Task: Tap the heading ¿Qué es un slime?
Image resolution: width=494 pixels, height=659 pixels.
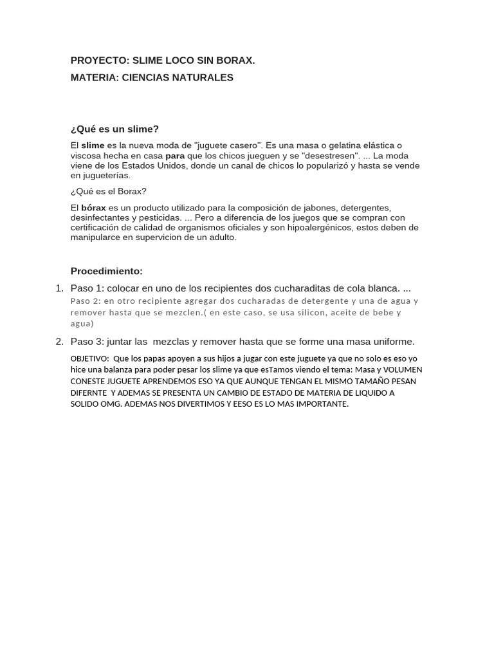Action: point(114,129)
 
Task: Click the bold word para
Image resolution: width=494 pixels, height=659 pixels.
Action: point(175,156)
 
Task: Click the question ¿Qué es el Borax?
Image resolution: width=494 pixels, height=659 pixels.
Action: point(109,192)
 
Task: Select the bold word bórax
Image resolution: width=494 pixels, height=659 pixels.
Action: point(93,209)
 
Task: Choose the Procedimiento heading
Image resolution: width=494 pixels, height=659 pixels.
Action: point(107,272)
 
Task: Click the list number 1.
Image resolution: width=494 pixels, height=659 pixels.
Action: point(59,288)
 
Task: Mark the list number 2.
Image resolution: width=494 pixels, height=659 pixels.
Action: point(59,342)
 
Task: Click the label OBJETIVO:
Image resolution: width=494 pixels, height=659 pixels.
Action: point(89,358)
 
